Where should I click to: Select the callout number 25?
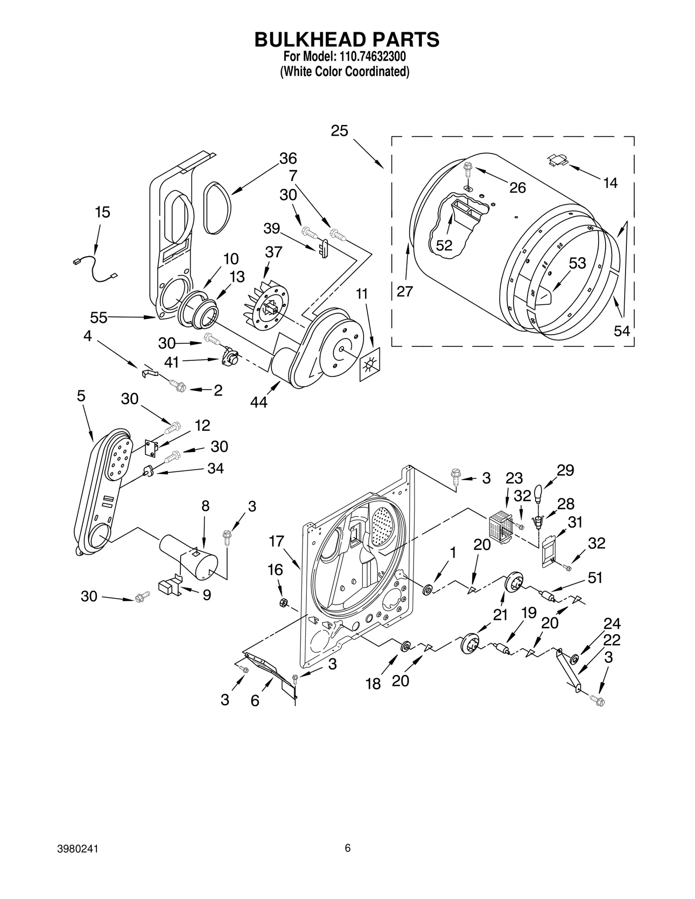click(x=339, y=131)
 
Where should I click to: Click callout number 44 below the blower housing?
click(x=259, y=402)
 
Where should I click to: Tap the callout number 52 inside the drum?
click(x=443, y=246)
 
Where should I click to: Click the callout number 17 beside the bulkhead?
click(x=276, y=541)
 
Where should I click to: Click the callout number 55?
click(x=98, y=318)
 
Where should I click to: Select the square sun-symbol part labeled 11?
click(x=369, y=364)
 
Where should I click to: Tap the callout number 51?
click(x=595, y=578)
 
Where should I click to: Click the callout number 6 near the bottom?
click(x=255, y=700)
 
